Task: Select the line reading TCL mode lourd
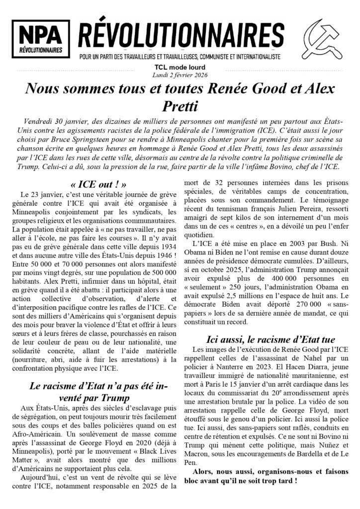[180, 68]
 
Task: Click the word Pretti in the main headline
[180, 106]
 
